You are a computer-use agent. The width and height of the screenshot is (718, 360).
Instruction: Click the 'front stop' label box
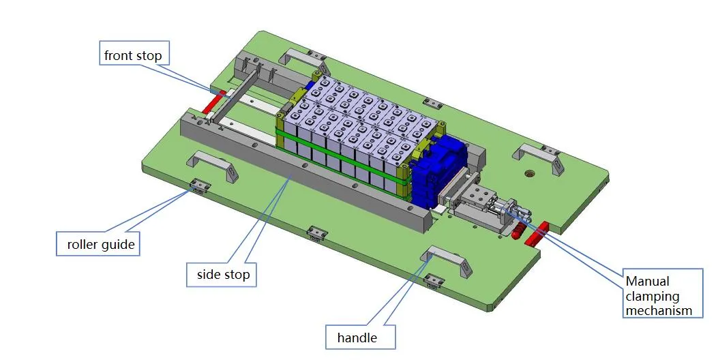(133, 55)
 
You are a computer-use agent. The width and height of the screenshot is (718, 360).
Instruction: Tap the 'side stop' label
(224, 275)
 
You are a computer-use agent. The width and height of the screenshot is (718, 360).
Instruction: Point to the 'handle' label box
(357, 337)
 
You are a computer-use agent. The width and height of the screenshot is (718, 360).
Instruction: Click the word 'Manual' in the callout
(648, 281)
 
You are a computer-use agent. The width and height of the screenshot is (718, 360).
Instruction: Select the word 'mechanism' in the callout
(659, 311)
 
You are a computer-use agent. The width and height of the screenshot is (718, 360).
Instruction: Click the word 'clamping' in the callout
(653, 296)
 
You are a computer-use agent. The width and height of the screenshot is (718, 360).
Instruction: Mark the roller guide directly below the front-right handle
(432, 280)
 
